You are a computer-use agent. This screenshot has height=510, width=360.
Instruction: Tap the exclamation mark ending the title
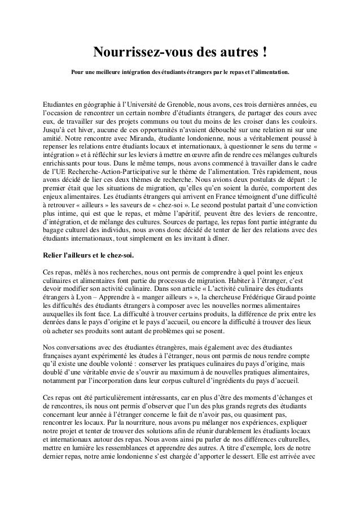click(265, 53)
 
